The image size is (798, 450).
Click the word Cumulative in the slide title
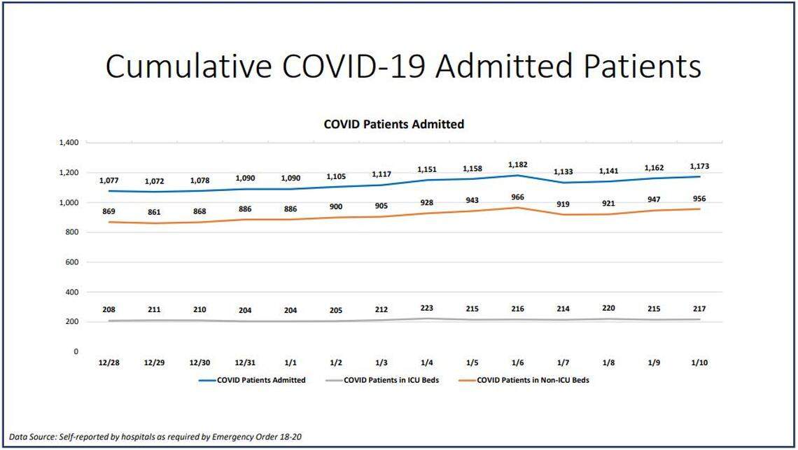pyautogui.click(x=189, y=66)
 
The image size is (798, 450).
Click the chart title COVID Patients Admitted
pyautogui.click(x=393, y=124)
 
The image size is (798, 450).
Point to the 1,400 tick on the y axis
pyautogui.click(x=69, y=143)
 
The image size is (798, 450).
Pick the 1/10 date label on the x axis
pyautogui.click(x=699, y=363)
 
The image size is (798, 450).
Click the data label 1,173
pyautogui.click(x=699, y=166)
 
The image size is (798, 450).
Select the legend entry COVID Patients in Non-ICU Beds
pyautogui.click(x=532, y=381)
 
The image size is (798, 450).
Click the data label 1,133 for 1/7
pyautogui.click(x=563, y=171)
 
